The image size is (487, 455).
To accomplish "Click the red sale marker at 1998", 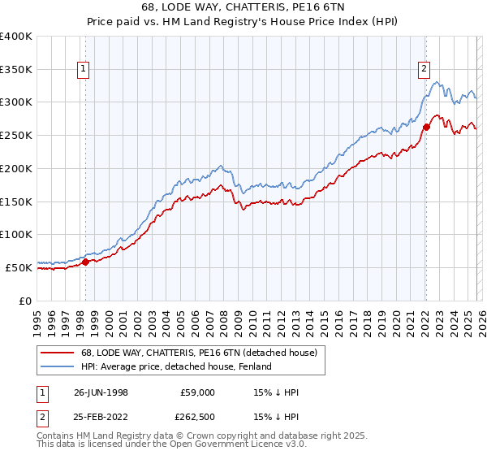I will point(85,262).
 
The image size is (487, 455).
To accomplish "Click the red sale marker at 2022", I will point(425,127).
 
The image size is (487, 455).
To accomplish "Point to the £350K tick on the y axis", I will point(16,70).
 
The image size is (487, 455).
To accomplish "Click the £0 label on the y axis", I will point(24,301).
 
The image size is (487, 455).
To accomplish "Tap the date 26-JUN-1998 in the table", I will point(100,392).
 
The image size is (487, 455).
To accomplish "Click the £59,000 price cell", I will point(197,392).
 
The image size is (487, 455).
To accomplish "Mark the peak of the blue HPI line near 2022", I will point(437,81).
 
